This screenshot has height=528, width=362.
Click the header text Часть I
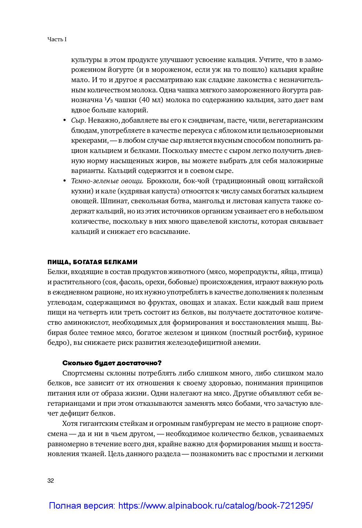(x=57, y=39)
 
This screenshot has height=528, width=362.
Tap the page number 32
(x=51, y=481)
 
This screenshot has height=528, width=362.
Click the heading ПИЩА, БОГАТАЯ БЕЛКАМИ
(x=92, y=262)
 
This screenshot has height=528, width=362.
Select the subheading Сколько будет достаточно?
(x=112, y=363)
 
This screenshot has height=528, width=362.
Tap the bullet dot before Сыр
(x=64, y=121)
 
